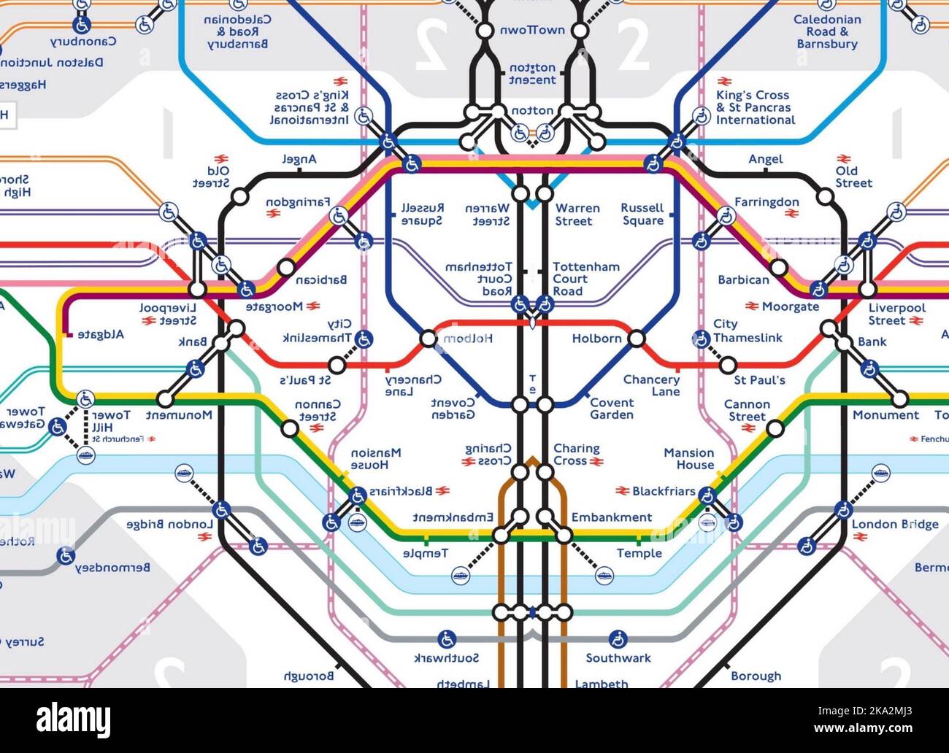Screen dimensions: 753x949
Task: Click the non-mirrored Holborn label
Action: click(596, 339)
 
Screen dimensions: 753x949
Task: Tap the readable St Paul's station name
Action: click(759, 380)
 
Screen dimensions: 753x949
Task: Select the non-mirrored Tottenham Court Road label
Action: click(585, 279)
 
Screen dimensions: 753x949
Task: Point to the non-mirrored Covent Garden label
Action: click(612, 409)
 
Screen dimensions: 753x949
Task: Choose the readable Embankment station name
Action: click(611, 517)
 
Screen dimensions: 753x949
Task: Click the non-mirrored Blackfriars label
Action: click(664, 492)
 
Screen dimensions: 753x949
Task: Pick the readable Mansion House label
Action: click(688, 459)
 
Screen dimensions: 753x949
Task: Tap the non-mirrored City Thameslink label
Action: click(748, 331)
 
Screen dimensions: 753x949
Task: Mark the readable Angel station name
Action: click(765, 159)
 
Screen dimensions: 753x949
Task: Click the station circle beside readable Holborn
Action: click(637, 339)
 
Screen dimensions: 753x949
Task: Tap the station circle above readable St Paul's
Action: click(727, 364)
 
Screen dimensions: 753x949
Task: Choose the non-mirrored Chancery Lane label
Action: click(651, 385)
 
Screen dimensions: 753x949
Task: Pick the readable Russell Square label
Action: click(642, 215)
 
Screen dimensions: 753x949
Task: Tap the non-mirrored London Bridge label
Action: click(895, 524)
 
